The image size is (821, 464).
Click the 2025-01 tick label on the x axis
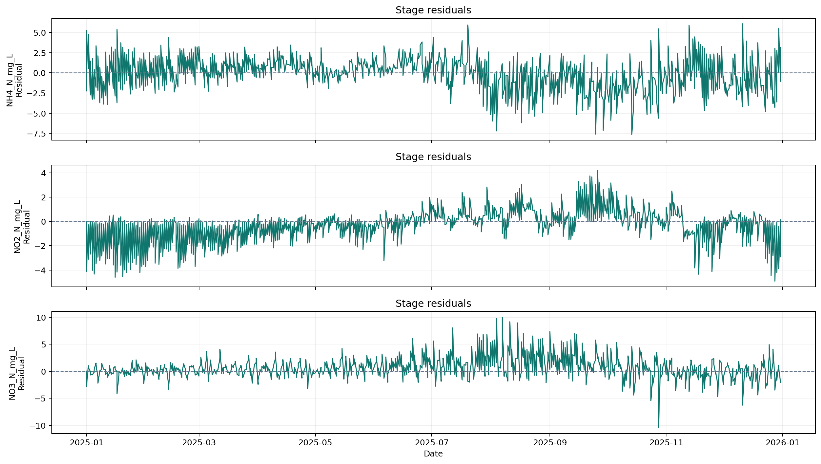point(86,443)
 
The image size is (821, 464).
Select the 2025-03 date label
point(199,443)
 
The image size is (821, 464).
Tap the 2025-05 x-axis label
point(315,443)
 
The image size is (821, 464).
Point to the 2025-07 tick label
point(432,443)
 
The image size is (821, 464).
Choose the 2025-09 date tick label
point(550,443)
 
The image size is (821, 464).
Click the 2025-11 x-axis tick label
point(666,443)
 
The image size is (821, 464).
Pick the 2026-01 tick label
point(782,443)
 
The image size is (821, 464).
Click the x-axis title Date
point(433,454)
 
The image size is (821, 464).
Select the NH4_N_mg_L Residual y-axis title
point(14,80)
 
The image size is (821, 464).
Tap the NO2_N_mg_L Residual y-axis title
point(22,227)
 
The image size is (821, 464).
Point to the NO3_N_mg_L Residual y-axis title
point(17,374)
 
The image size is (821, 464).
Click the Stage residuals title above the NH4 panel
point(433,10)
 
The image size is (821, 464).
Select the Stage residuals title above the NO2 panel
point(433,157)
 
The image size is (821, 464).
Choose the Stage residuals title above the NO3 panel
point(433,304)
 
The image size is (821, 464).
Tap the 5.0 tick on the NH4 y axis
point(40,33)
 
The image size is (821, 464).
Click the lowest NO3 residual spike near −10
point(659,427)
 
